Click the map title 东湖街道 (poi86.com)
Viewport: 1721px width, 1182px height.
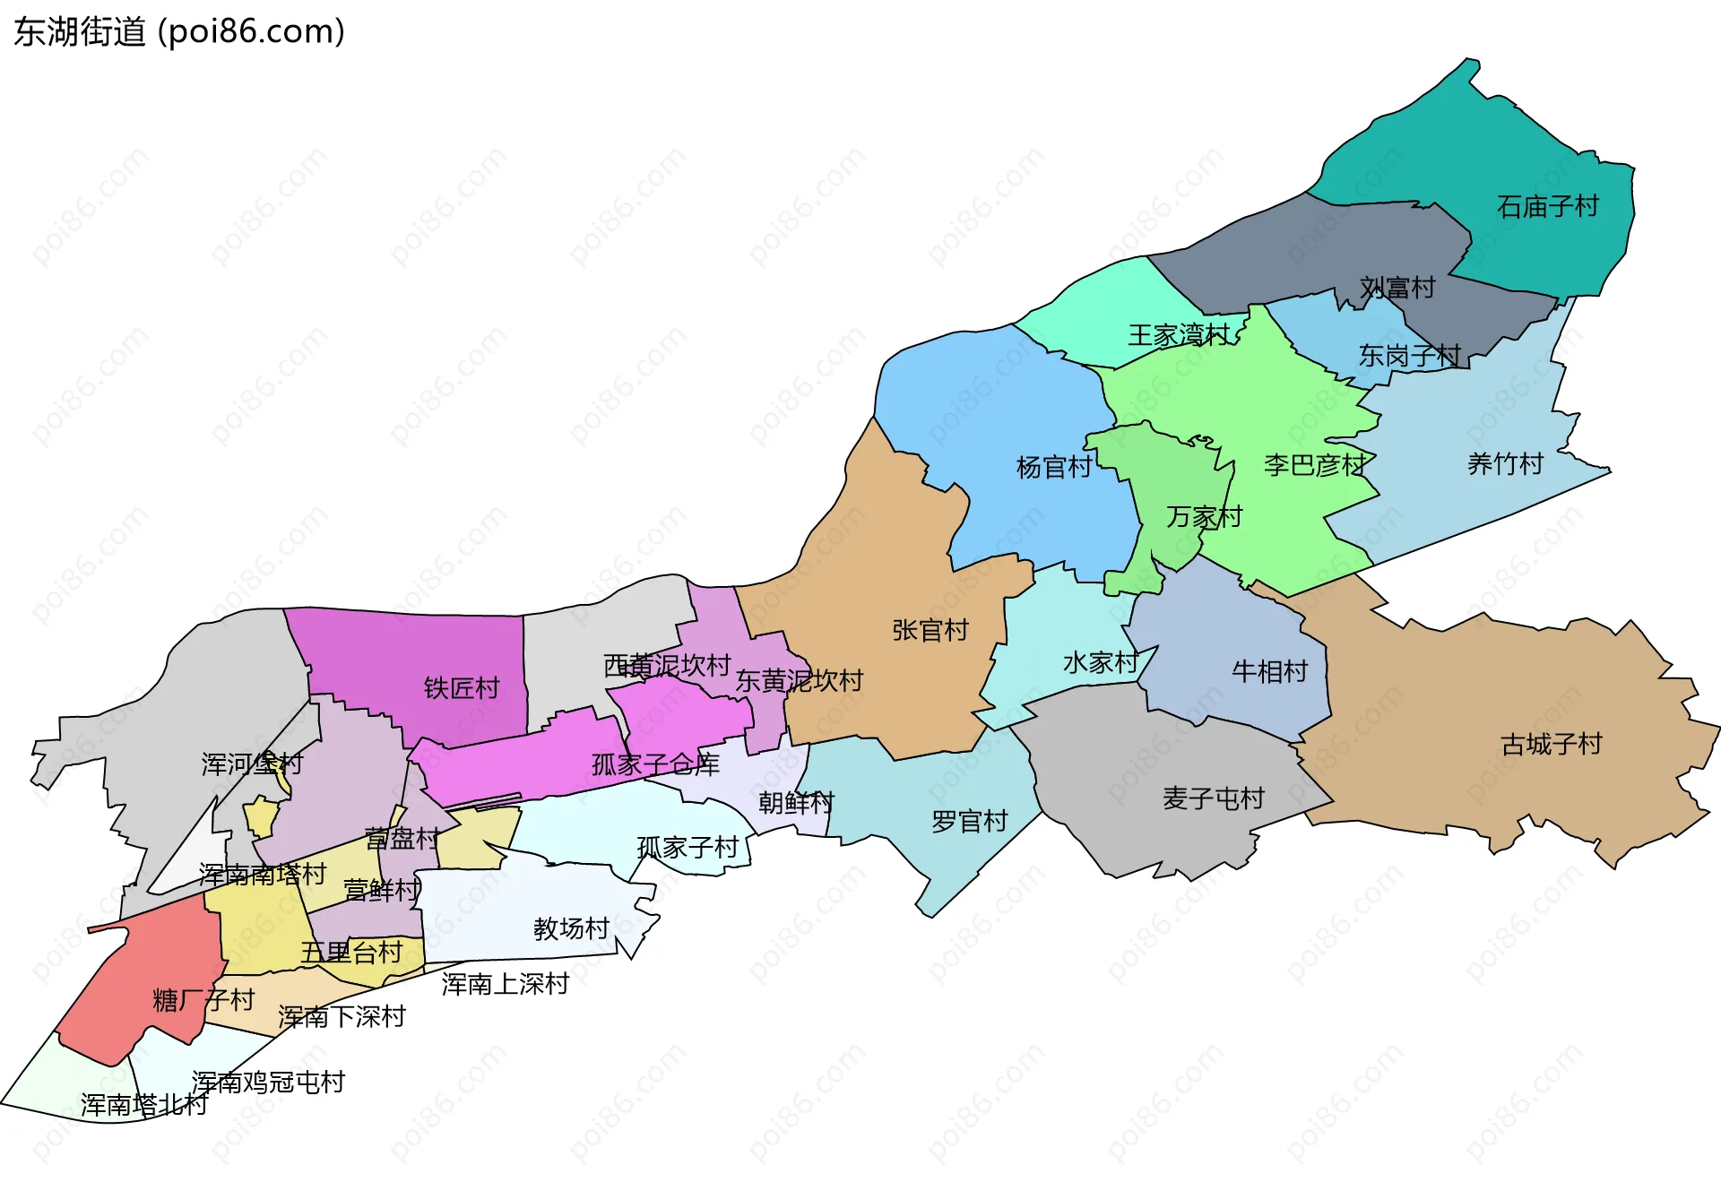pos(179,32)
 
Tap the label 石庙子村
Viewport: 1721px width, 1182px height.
pos(1547,207)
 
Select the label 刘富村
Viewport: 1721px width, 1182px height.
pos(1397,288)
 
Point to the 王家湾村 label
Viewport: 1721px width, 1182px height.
pos(1179,335)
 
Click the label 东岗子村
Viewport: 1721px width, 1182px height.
pos(1409,356)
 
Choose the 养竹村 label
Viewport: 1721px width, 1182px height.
pos(1505,464)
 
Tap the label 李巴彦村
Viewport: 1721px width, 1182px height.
pos(1314,465)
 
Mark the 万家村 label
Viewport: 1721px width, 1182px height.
pos(1204,517)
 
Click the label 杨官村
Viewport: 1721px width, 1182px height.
pos(1054,467)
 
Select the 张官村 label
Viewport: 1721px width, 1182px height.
pos(930,630)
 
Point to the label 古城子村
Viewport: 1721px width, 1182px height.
pos(1551,744)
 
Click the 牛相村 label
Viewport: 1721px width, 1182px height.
pos(1269,671)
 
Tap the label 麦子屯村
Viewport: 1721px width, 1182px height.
pos(1213,798)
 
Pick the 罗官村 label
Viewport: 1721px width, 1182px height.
pos(969,821)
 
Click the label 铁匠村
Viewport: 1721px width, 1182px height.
pos(461,688)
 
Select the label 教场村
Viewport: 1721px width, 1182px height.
pos(571,928)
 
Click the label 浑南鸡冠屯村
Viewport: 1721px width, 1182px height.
pos(268,1083)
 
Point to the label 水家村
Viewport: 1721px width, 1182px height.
pos(1100,663)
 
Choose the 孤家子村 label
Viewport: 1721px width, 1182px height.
pos(688,847)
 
